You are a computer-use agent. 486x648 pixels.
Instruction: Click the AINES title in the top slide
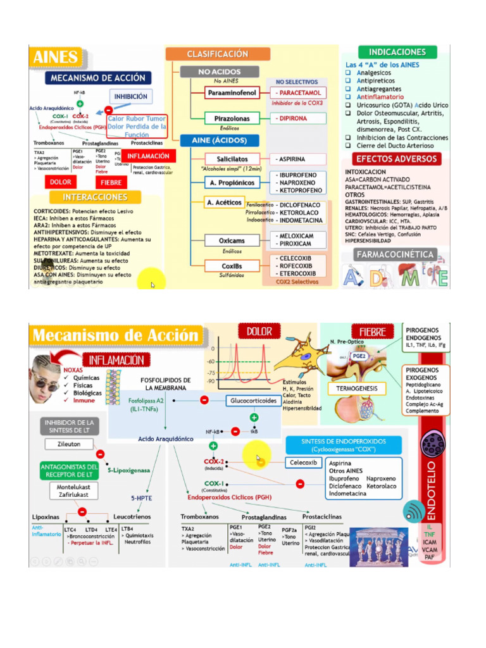pyautogui.click(x=56, y=58)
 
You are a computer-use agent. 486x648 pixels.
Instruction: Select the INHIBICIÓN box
pyautogui.click(x=131, y=97)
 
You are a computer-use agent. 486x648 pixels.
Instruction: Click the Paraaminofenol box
pyautogui.click(x=232, y=93)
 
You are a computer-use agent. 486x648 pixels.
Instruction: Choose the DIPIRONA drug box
pyautogui.click(x=299, y=118)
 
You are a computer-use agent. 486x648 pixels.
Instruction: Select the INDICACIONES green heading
pyautogui.click(x=397, y=52)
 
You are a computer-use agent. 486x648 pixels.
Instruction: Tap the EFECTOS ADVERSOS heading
pyautogui.click(x=397, y=159)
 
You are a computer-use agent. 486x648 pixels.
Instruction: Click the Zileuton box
pyautogui.click(x=70, y=444)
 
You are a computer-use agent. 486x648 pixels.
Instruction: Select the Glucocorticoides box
pyautogui.click(x=253, y=401)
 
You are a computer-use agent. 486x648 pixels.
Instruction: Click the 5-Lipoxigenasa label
pyautogui.click(x=128, y=470)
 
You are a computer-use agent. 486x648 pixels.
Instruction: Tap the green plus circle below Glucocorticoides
pyautogui.click(x=254, y=418)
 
